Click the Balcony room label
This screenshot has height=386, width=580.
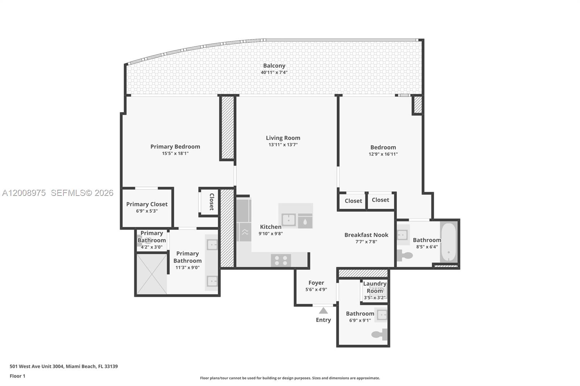click(x=274, y=66)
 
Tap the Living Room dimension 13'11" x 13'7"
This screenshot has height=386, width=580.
click(x=283, y=145)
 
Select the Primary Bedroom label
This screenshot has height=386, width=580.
click(x=175, y=147)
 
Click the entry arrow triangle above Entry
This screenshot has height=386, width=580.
click(x=323, y=311)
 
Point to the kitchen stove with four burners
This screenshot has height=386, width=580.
click(x=281, y=260)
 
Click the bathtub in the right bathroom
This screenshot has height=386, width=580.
click(x=449, y=242)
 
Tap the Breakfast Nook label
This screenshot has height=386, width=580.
click(x=366, y=235)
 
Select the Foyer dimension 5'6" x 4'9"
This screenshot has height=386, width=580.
click(x=316, y=290)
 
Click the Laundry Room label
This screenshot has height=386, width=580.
click(x=374, y=287)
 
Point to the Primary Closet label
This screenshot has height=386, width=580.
click(x=147, y=204)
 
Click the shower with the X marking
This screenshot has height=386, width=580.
click(x=152, y=274)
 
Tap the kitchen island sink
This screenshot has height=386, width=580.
click(x=289, y=220)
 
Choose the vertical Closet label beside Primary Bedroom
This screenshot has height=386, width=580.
click(x=212, y=202)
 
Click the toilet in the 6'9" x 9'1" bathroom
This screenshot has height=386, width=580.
click(x=380, y=335)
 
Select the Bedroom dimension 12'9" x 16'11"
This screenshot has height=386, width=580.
click(x=383, y=154)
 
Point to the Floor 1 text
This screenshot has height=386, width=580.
click(x=17, y=376)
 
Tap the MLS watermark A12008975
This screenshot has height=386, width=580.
click(x=24, y=193)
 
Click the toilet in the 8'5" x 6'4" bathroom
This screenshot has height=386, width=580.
click(x=405, y=256)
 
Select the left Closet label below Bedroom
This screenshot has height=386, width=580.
click(x=353, y=201)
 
